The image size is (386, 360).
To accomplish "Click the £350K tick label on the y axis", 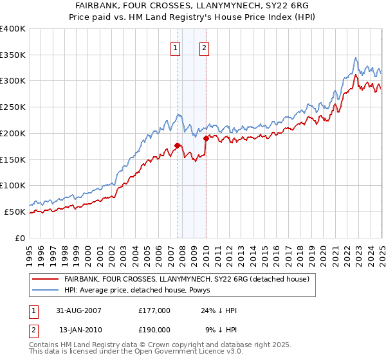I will tap(13, 55).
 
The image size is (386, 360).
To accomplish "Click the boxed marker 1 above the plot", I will tap(175, 47).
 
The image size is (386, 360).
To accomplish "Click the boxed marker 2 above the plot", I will tap(204, 47).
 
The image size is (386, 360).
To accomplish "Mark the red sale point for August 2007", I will tap(178, 145).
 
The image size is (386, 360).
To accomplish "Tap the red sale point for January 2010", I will tap(206, 138).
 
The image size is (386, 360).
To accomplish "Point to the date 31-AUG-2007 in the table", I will tap(78, 310).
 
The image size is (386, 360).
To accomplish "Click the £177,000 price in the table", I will tap(154, 310).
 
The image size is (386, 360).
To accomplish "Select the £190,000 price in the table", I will tap(154, 329).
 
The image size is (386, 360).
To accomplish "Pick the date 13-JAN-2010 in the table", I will tap(78, 329).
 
